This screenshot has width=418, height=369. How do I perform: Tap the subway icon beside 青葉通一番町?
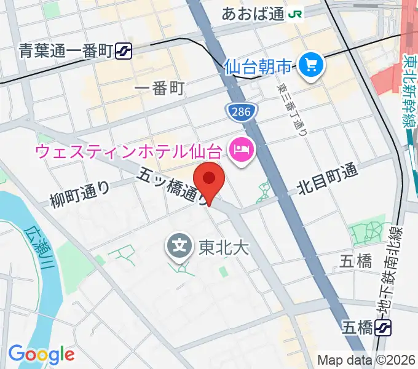point(124,51)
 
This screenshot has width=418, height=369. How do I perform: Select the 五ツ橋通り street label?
point(173,187)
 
